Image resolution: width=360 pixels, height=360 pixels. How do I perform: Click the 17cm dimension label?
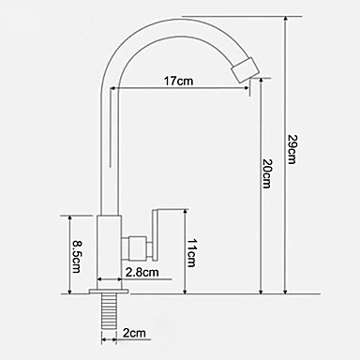(178, 81)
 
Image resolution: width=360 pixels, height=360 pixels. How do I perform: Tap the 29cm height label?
(292, 149)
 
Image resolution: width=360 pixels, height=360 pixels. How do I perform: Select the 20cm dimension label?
(267, 173)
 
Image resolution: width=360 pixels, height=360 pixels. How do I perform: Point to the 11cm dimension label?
(191, 253)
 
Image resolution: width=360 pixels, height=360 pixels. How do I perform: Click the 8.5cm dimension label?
(76, 257)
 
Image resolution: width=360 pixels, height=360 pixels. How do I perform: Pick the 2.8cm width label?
(142, 273)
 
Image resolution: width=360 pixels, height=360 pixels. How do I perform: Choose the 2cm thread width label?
(134, 333)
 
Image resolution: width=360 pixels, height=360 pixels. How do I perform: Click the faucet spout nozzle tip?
(246, 70)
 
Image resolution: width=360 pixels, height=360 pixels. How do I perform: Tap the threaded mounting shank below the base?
(109, 311)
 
